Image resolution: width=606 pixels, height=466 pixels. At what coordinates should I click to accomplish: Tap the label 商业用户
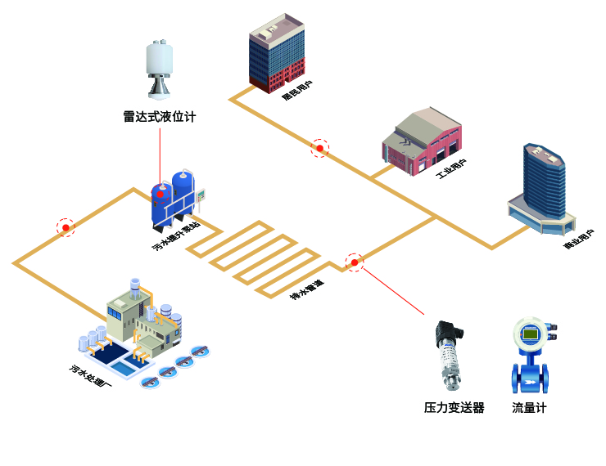coord(579,238)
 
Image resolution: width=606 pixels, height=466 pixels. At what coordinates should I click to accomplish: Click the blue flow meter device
coord(529,356)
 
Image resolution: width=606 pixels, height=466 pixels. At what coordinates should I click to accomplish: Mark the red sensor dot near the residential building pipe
coord(319,148)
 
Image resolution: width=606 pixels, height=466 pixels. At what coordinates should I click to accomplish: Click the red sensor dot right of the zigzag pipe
coord(354,262)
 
